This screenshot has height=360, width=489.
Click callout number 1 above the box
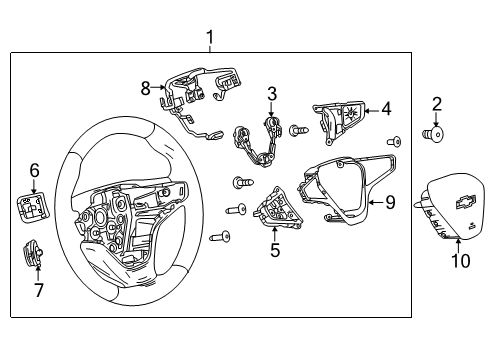pyautogui.click(x=210, y=38)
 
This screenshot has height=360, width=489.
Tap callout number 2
pyautogui.click(x=436, y=104)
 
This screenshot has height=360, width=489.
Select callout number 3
pyautogui.click(x=271, y=94)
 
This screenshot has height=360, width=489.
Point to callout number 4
pyautogui.click(x=387, y=109)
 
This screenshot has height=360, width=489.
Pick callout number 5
pyautogui.click(x=274, y=250)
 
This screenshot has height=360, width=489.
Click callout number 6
pyautogui.click(x=34, y=170)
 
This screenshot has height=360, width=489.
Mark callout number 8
pyautogui.click(x=146, y=87)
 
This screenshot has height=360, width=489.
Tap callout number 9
pyautogui.click(x=390, y=203)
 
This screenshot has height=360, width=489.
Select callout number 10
pyautogui.click(x=461, y=262)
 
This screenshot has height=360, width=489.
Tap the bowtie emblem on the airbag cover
pyautogui.click(x=463, y=202)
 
